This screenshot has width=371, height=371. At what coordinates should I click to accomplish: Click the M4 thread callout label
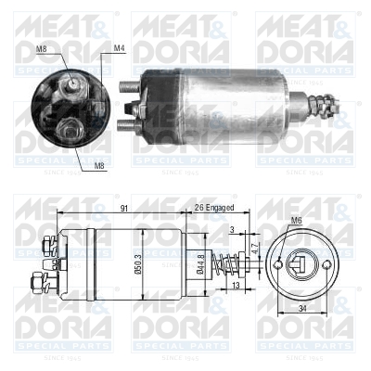click(119, 47)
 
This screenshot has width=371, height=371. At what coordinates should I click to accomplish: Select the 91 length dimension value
click(123, 209)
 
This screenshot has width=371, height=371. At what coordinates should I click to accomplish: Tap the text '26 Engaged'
click(214, 209)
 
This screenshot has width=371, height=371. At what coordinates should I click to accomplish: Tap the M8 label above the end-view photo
click(40, 47)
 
